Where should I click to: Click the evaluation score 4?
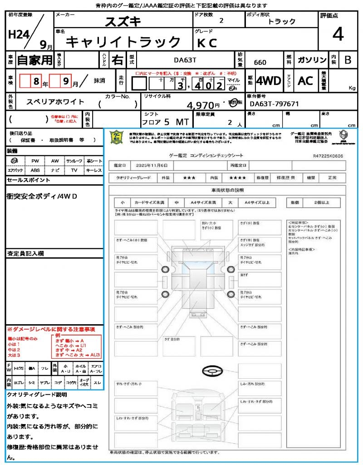coord(338,35)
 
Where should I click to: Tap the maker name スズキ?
coord(123,21)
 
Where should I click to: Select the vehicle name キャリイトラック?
coord(123,42)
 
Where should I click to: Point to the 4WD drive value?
coord(269,81)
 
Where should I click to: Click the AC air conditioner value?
coord(305,81)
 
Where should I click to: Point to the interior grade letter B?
coord(348,60)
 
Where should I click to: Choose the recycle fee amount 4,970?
coord(200,106)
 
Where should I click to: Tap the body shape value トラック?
coord(281,21)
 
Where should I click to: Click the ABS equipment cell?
coord(35,170)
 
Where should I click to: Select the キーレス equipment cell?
coord(94,170)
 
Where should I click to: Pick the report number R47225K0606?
coord(328,156)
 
